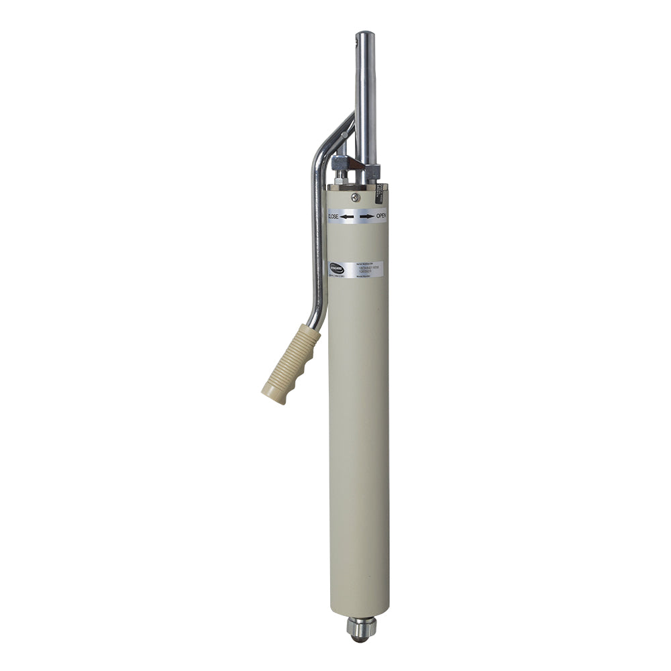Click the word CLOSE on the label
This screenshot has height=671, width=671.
pyautogui.click(x=333, y=216)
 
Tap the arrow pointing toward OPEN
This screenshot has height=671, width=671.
pyautogui.click(x=366, y=216)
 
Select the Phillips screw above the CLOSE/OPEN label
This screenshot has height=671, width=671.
pyautogui.click(x=356, y=197)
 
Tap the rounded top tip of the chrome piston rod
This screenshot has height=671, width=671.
pyautogui.click(x=364, y=34)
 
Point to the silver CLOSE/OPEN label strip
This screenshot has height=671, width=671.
pyautogui.click(x=357, y=216)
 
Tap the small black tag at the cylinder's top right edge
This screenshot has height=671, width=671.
pyautogui.click(x=380, y=194)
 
